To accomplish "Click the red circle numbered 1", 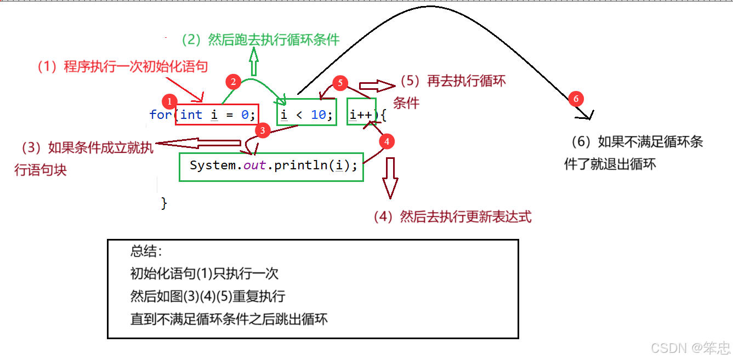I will coord(169,101).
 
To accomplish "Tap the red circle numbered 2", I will coord(234,82).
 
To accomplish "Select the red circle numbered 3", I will coord(263,130).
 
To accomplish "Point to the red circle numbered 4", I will coord(387,141).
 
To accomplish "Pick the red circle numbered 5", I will coord(340,83).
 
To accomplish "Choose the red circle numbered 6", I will coord(575,99).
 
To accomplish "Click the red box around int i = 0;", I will coord(217,115).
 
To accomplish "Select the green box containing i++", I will coord(361,112).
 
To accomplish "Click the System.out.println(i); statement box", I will coord(271,167).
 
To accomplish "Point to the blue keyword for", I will coord(160,115).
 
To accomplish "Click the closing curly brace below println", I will coord(164,203).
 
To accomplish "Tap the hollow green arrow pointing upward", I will coord(254,61).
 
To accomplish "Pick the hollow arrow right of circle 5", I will coord(376,86).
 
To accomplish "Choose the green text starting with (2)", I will coord(261,39).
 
